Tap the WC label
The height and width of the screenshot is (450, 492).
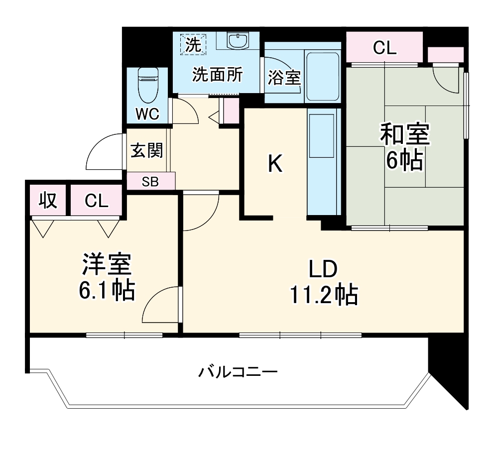[148, 114]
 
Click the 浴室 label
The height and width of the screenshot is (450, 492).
[284, 78]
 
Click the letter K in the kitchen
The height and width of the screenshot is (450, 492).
[275, 164]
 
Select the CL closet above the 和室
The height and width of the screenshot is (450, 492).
[384, 48]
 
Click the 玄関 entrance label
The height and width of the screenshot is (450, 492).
[147, 150]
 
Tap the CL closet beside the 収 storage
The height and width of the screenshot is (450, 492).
[96, 201]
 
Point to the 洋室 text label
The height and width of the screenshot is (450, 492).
[107, 265]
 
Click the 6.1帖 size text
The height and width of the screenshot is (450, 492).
[107, 291]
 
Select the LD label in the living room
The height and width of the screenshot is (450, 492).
[323, 270]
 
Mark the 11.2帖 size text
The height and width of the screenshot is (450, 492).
[323, 296]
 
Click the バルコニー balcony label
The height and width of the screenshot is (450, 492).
[238, 372]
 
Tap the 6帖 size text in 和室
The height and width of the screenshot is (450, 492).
[404, 160]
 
